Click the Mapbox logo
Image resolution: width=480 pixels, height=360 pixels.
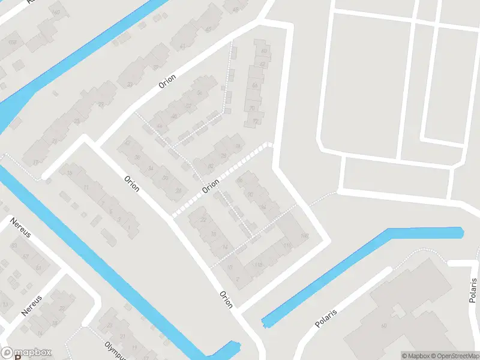[26, 352]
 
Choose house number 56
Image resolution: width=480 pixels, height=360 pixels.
[200, 93]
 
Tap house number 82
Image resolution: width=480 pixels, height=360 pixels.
[210, 166]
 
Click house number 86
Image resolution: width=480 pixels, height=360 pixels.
[240, 179]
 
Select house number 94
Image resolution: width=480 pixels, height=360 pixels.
[263, 207]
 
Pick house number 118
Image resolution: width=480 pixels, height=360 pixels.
[259, 264]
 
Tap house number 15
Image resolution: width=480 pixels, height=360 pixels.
[70, 173]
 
